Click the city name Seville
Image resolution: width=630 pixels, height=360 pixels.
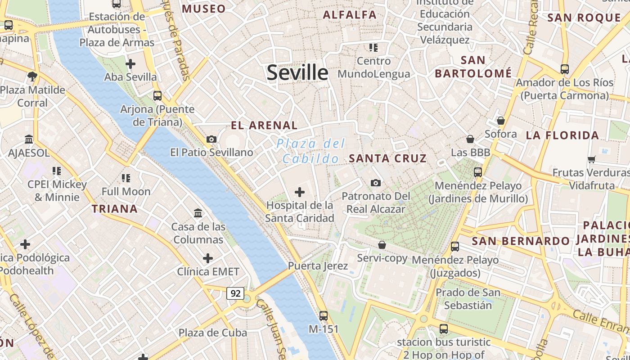click(297, 72)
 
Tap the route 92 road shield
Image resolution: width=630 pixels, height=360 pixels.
click(235, 293)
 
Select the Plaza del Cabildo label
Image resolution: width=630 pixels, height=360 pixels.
click(310, 151)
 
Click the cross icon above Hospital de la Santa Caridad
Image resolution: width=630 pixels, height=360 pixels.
click(299, 193)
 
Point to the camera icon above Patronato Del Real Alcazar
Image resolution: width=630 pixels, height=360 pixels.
click(376, 183)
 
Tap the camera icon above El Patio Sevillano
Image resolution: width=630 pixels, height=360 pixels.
click(211, 139)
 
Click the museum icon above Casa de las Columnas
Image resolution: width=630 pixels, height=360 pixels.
click(198, 213)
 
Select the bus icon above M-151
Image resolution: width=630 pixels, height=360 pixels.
click(323, 315)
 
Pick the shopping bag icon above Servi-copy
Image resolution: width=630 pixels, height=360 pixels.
click(382, 245)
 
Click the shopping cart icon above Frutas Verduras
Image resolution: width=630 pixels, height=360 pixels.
click(591, 160)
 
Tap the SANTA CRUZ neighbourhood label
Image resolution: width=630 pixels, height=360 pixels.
click(387, 158)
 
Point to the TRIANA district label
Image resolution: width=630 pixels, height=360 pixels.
click(115, 209)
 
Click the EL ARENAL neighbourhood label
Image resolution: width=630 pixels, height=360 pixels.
click(264, 126)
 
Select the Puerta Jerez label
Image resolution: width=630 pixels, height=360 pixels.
click(318, 266)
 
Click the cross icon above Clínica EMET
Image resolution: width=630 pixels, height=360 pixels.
click(207, 258)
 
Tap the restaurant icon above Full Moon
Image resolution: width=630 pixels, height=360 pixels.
click(126, 178)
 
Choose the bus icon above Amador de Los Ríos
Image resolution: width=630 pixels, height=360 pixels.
click(564, 69)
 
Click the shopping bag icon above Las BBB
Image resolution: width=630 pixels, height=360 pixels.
click(470, 139)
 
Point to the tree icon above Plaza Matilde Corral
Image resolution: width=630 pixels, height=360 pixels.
click(32, 76)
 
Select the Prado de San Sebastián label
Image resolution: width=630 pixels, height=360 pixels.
click(468, 299)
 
